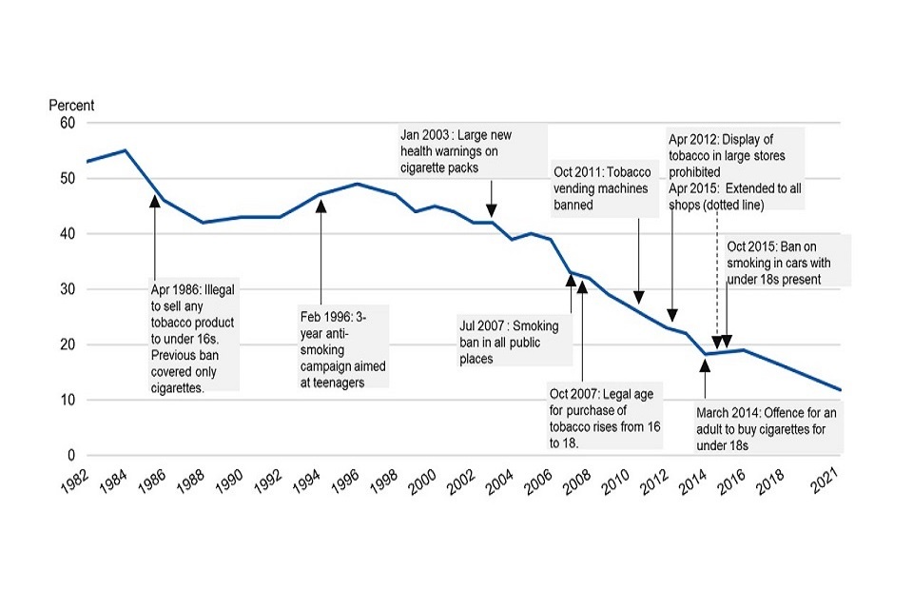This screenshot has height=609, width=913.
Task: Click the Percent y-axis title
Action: pyautogui.click(x=71, y=106)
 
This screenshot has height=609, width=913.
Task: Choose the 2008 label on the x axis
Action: pyautogui.click(x=577, y=483)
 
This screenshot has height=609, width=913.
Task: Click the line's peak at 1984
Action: pyautogui.click(x=125, y=150)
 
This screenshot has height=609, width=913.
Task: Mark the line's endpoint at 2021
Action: pyautogui.click(x=841, y=389)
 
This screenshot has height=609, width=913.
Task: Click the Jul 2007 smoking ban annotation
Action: pyautogui.click(x=515, y=341)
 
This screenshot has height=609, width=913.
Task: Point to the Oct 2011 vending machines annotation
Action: pyautogui.click(x=602, y=187)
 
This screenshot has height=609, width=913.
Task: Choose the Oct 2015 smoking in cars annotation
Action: pyautogui.click(x=786, y=261)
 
